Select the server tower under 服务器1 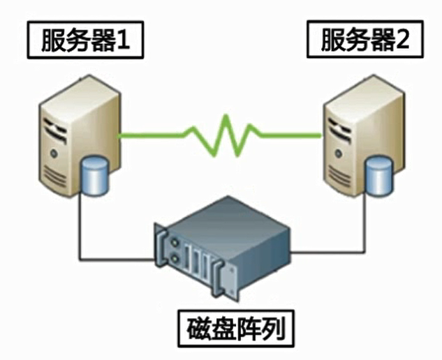tap(73, 133)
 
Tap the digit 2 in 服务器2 tap(404, 43)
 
